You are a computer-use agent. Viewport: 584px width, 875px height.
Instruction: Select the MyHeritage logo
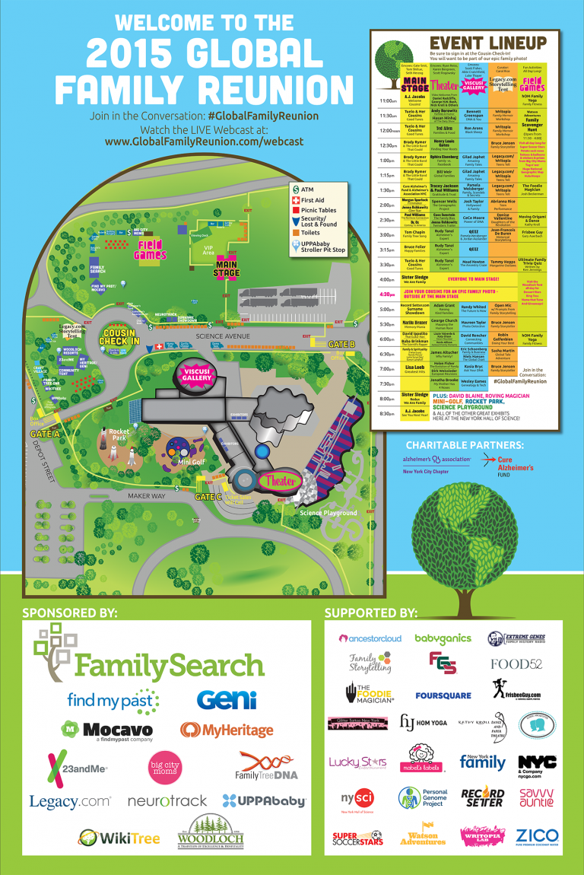[x=227, y=730]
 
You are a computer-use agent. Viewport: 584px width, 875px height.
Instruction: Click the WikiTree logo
[x=119, y=838]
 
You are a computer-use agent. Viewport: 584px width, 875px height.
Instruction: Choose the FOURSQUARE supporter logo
[x=443, y=695]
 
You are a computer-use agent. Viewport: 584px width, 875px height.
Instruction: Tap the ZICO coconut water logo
[x=537, y=836]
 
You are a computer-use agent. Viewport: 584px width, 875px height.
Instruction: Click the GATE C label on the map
[x=208, y=496]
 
